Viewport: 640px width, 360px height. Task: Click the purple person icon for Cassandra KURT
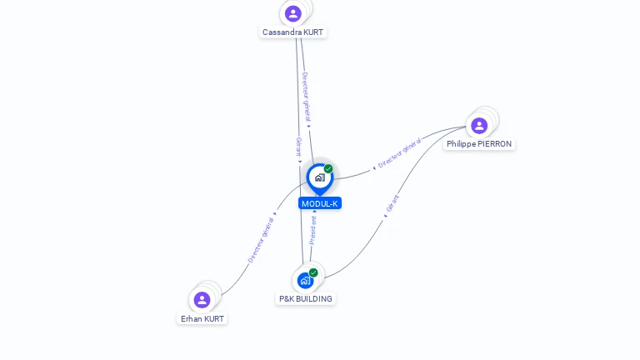tap(293, 13)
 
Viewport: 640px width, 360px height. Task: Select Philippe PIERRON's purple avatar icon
tap(479, 126)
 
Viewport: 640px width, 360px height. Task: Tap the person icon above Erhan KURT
tap(202, 300)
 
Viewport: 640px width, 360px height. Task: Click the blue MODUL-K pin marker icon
tap(319, 177)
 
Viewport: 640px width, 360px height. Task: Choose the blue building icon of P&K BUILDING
tap(305, 280)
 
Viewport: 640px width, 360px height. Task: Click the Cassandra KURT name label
tap(292, 32)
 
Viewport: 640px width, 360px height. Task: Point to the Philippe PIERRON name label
tap(479, 144)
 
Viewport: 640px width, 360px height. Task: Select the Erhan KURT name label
tap(202, 318)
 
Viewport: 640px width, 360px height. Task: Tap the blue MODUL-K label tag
tap(320, 203)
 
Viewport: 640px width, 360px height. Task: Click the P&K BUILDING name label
tap(306, 298)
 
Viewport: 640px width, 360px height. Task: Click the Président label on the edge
tap(313, 230)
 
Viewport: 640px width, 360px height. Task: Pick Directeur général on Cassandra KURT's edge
tap(306, 97)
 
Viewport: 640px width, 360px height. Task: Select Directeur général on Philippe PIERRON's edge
tap(399, 154)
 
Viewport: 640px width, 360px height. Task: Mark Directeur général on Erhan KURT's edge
tap(261, 239)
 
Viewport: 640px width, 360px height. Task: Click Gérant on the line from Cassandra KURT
tap(298, 147)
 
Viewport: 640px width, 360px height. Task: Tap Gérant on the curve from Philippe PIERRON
tap(392, 204)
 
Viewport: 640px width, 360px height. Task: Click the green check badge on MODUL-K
tap(328, 169)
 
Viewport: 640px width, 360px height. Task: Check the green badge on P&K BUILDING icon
tap(313, 272)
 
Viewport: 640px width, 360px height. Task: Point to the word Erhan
tap(191, 318)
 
